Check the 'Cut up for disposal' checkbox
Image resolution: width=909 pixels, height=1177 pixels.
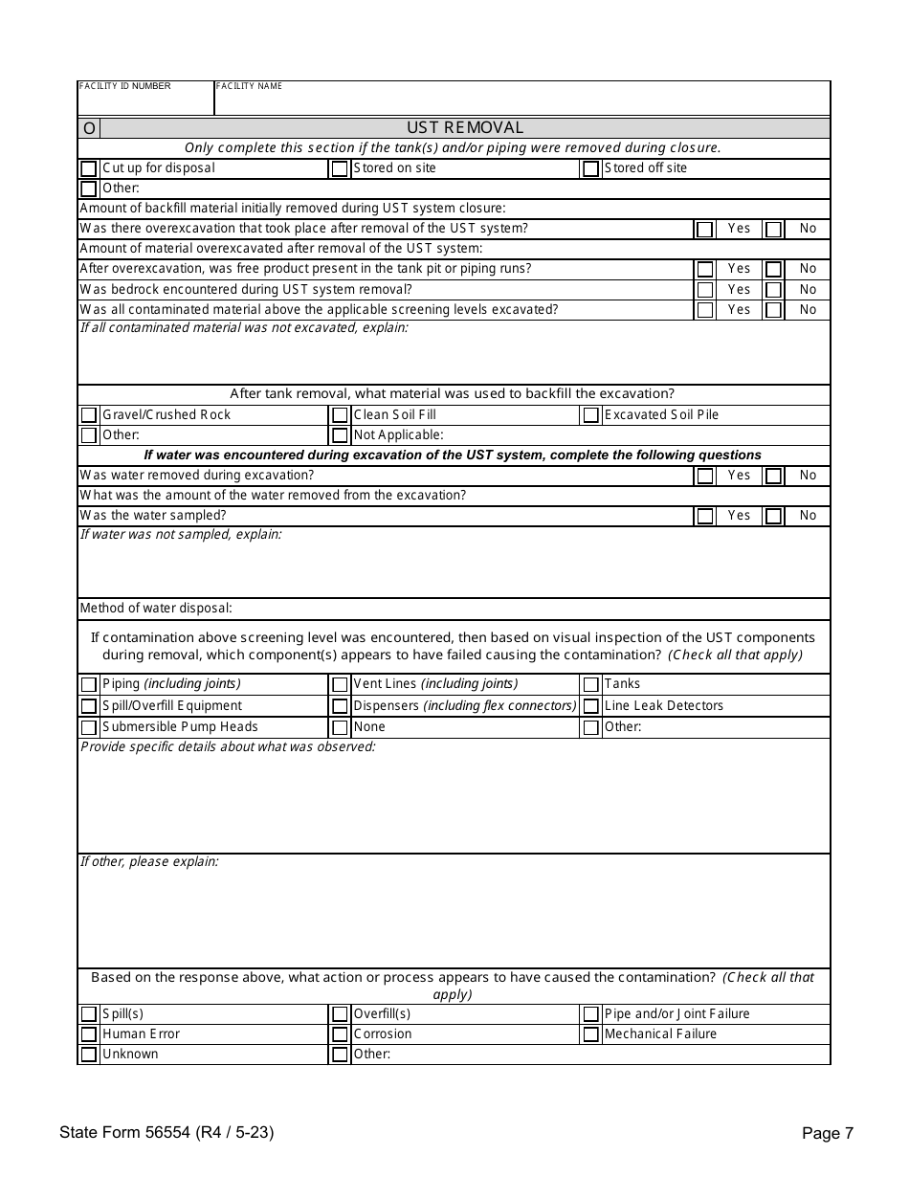[88, 169]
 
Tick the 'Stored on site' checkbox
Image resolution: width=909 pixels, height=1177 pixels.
[340, 169]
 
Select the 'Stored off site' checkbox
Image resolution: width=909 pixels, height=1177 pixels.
[591, 169]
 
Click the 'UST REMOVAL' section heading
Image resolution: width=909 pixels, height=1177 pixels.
[465, 128]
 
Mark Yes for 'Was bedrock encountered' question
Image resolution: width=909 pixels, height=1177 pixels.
[705, 290]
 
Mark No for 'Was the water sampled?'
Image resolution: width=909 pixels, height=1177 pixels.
[774, 517]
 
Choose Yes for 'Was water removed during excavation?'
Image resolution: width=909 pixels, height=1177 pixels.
[705, 476]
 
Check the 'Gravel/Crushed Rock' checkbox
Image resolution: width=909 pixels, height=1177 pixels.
[88, 415]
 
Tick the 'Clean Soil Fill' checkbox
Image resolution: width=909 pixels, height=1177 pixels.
[340, 415]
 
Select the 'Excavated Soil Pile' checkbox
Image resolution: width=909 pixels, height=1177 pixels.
[591, 415]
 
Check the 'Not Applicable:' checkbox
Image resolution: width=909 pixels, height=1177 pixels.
[340, 436]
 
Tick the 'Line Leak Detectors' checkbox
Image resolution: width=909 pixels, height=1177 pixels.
[591, 706]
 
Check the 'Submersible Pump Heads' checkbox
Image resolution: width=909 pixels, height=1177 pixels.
[88, 727]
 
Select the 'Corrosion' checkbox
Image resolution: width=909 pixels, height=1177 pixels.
[340, 1034]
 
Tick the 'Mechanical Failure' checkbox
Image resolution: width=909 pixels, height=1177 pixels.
[591, 1034]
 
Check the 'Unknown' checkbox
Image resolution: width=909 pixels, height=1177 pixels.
[88, 1055]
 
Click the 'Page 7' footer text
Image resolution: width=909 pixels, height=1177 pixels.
[828, 1134]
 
